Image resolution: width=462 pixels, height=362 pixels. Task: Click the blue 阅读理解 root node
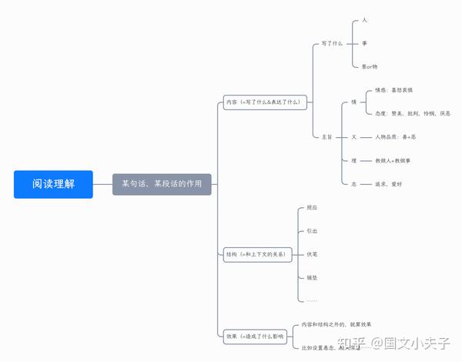pos(53,184)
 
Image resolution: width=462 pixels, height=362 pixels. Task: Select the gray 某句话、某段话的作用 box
pos(162,184)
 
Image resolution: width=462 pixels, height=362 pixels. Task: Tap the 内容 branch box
pos(264,101)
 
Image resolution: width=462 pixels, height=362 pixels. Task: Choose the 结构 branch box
pos(256,253)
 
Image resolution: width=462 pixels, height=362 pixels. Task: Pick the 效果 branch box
pos(255,337)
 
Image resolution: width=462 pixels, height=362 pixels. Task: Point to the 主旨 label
pos(327,136)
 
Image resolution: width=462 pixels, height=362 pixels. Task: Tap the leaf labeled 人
pos(364,20)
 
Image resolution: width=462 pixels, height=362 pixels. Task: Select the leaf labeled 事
pos(364,43)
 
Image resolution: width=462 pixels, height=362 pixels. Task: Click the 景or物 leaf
pos(370,66)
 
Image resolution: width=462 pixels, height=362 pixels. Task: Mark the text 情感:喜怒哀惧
pos(398,90)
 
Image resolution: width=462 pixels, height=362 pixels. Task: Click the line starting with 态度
pos(413,113)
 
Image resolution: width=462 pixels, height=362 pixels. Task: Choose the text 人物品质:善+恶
pos(395,136)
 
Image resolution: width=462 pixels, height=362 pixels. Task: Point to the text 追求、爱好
pos(390,184)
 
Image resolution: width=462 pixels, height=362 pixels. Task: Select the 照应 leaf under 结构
pos(312,208)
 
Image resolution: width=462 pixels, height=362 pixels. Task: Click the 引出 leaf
pos(312,230)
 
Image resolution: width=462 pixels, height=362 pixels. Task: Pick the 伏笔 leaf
pos(312,253)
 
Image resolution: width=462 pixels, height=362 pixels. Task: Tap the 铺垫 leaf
pos(312,277)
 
